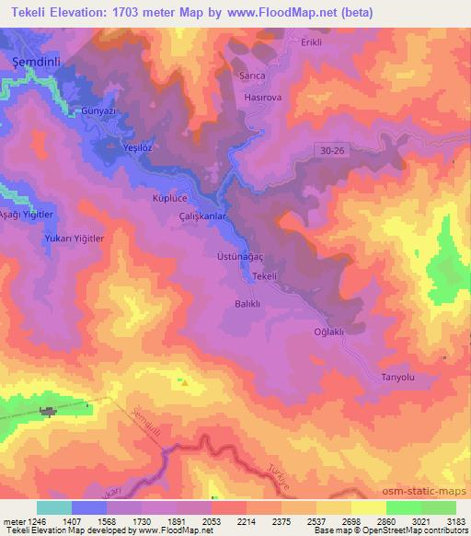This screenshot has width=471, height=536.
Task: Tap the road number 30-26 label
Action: (338, 148)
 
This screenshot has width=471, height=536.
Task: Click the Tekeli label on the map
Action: (265, 277)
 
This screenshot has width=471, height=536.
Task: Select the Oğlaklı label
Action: (328, 332)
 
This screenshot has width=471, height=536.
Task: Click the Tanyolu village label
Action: (398, 378)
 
